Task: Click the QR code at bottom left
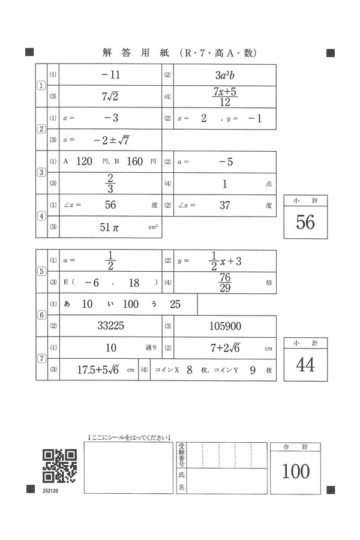point(59,466)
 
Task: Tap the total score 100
point(296,472)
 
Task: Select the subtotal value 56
point(305,222)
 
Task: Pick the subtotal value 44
point(305,364)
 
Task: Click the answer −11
point(111,75)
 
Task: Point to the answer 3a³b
point(225,75)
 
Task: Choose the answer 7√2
point(111,96)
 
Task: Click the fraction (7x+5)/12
point(225,96)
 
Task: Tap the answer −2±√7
point(112,140)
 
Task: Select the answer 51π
point(112,227)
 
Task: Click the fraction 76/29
point(225,282)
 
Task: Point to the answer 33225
point(112,326)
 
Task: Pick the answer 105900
point(225,326)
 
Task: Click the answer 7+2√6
point(225,348)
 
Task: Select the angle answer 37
point(225,205)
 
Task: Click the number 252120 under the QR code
point(51,491)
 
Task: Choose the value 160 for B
point(136,161)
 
